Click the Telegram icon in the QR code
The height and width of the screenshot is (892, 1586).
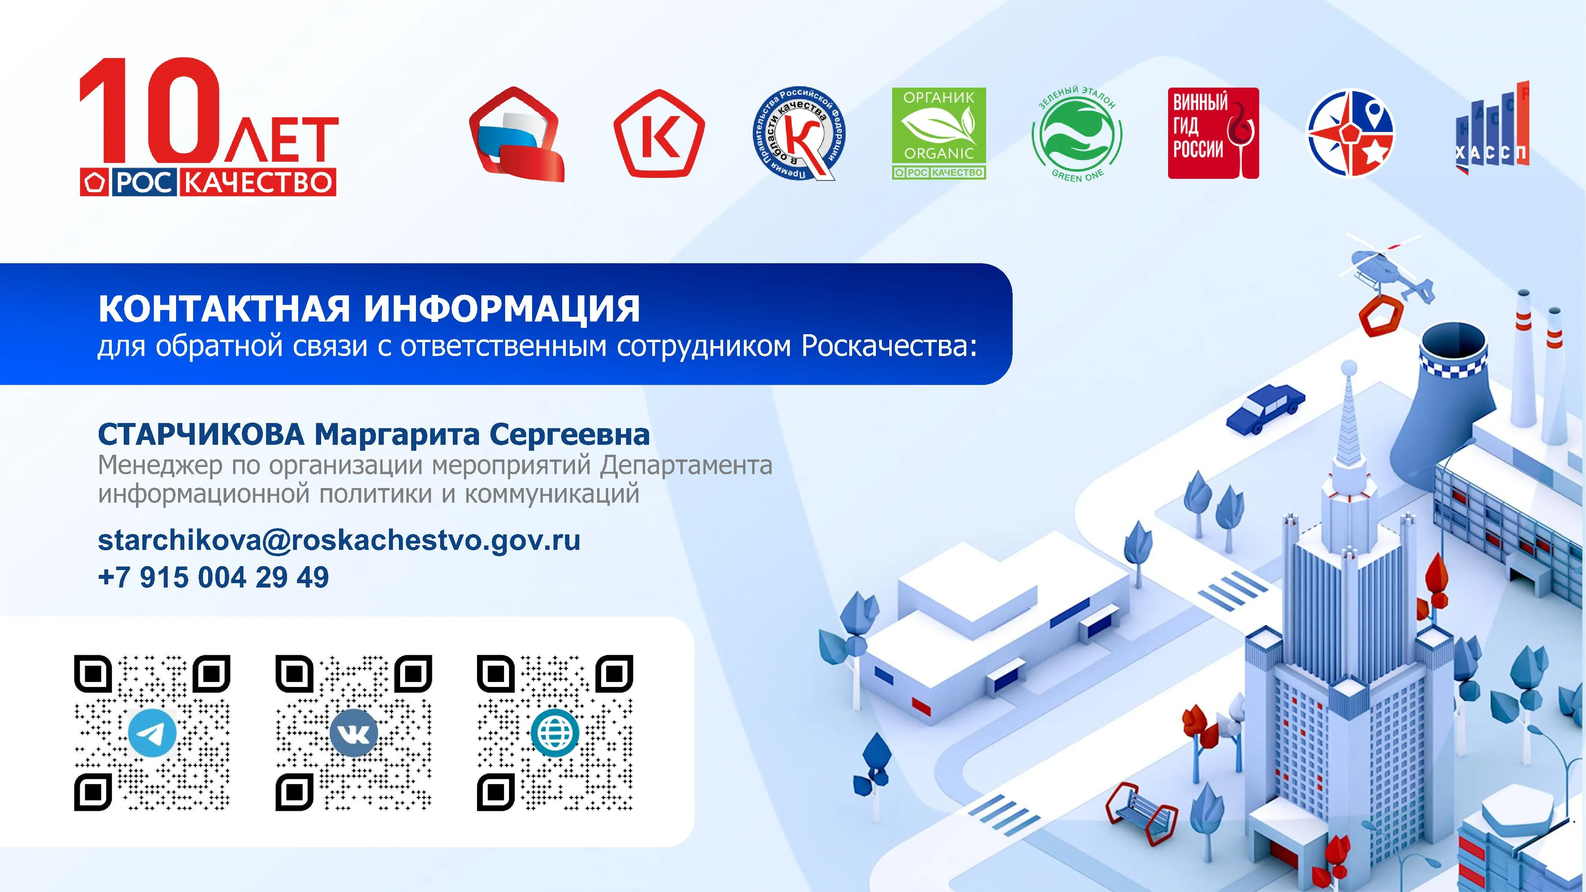(152, 733)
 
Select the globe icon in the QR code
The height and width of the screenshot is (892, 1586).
(555, 733)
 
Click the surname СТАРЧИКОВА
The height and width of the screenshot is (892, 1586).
(201, 435)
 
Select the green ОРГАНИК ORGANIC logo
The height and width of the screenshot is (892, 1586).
(939, 134)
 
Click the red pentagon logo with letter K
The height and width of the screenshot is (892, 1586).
(659, 134)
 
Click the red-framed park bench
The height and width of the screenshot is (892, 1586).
(1140, 812)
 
